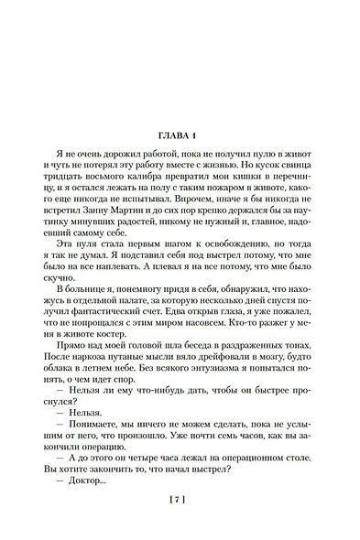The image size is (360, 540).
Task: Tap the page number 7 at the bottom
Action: click(x=179, y=500)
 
